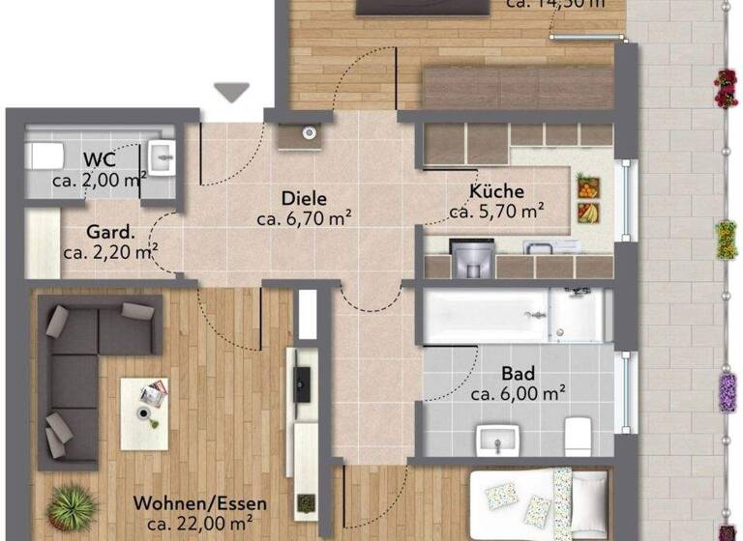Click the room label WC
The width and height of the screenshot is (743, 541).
(x=100, y=159)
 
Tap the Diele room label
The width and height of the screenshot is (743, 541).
(x=304, y=198)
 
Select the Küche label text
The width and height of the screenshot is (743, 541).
(x=497, y=190)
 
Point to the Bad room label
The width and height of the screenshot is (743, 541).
(x=519, y=374)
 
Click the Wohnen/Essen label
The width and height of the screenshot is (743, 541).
(x=200, y=504)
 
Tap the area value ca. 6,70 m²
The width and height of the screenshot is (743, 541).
(x=304, y=218)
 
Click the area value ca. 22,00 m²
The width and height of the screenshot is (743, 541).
(x=200, y=524)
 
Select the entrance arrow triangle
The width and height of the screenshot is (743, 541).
(x=231, y=92)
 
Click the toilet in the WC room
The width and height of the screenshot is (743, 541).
(x=45, y=155)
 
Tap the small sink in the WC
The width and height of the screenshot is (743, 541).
(x=162, y=155)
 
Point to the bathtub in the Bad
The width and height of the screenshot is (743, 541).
(x=484, y=315)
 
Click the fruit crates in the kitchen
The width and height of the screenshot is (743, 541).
(x=586, y=198)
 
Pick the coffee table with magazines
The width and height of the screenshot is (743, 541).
(x=144, y=405)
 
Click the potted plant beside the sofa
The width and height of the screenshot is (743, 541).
(x=71, y=505)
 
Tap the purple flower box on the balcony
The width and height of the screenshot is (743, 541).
(x=728, y=391)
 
